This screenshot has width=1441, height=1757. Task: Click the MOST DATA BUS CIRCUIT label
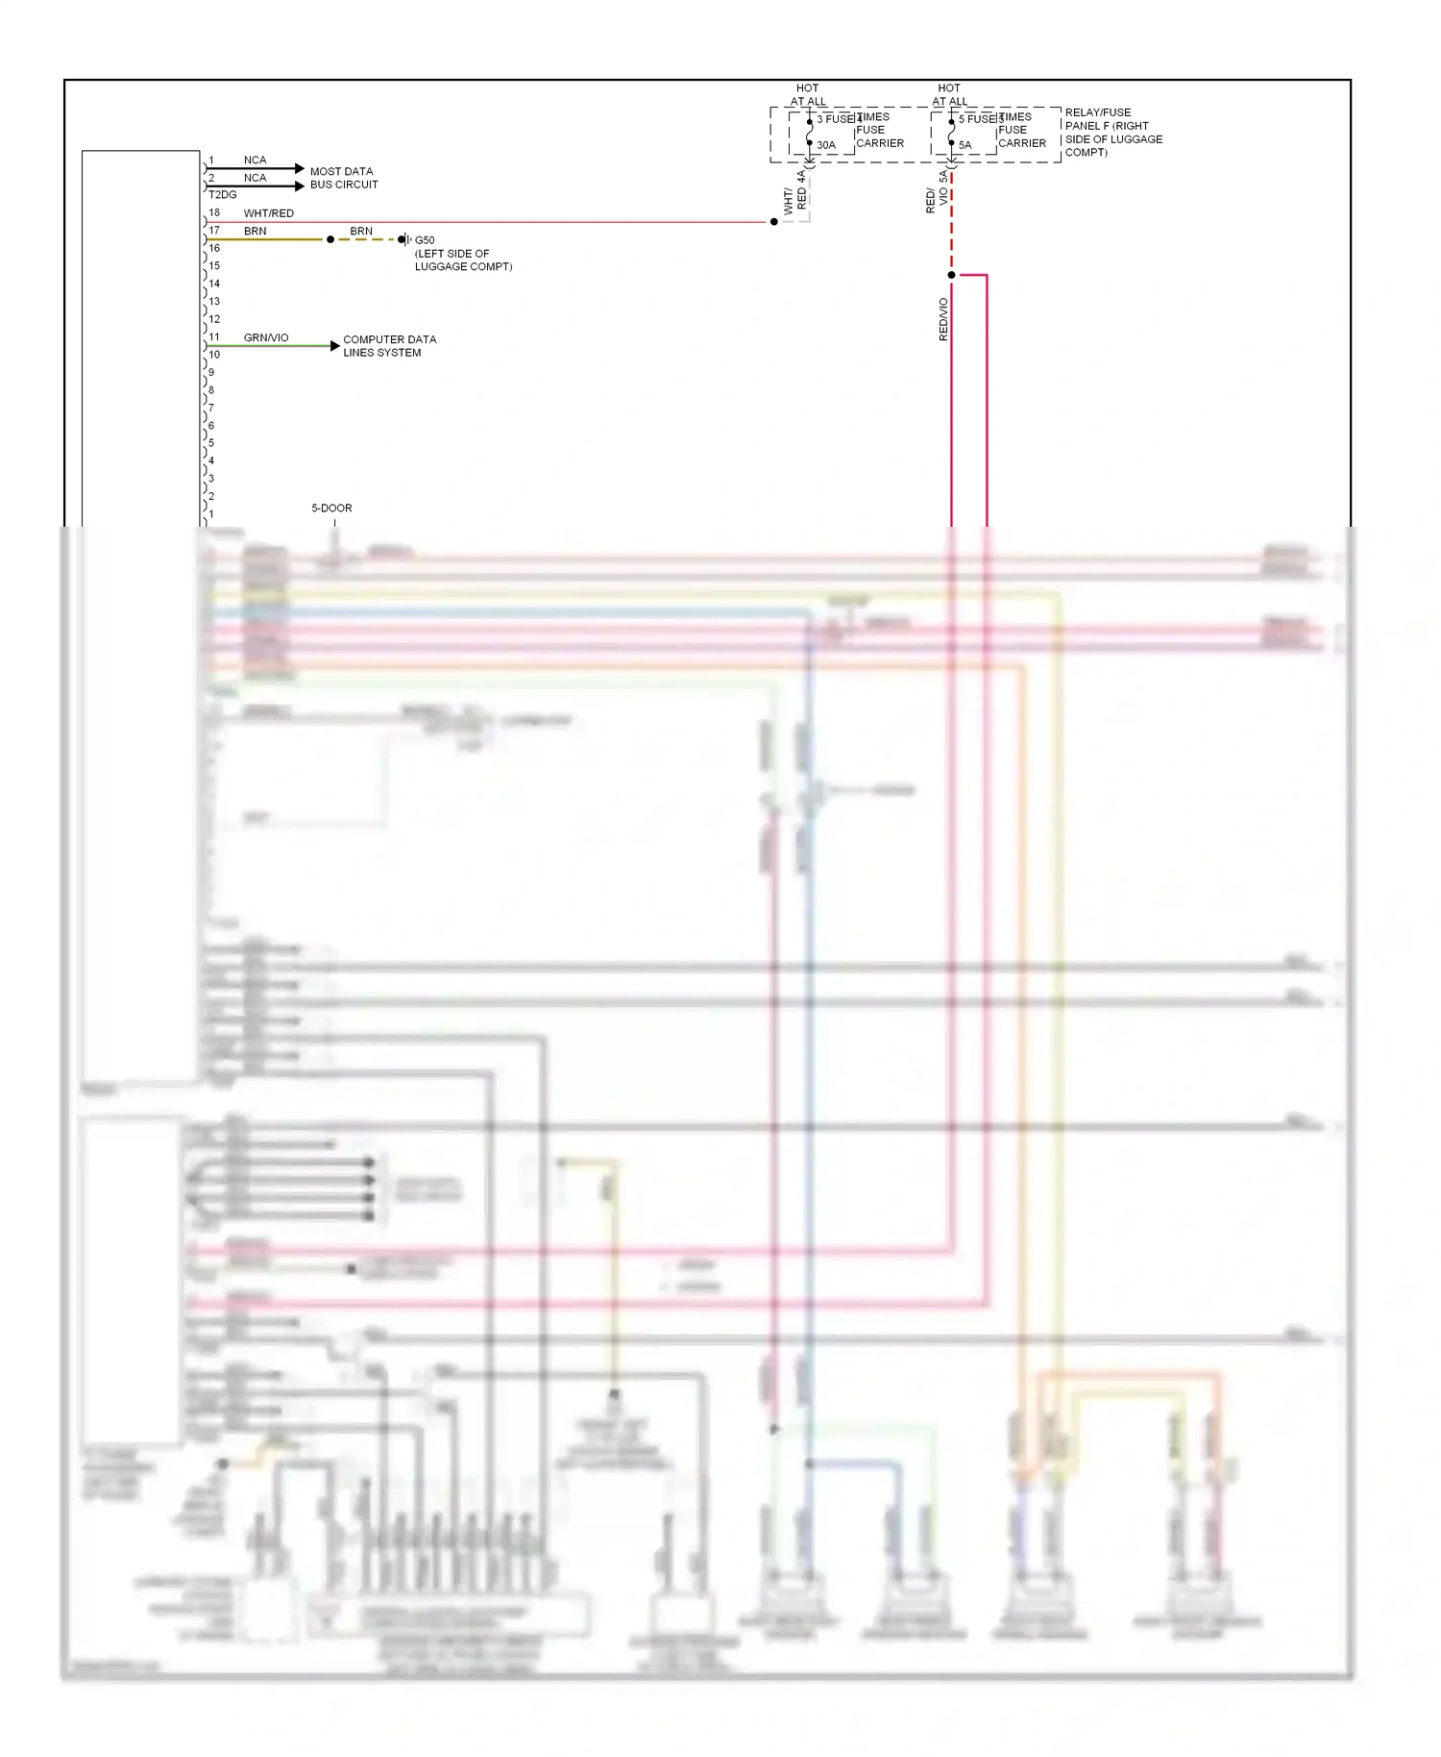(343, 178)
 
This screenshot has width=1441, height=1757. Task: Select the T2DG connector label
(222, 194)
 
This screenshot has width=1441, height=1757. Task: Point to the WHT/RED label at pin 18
(268, 213)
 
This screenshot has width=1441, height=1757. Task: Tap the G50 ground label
(425, 240)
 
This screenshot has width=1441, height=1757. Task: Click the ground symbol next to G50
(406, 239)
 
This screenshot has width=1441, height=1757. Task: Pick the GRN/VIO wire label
(266, 337)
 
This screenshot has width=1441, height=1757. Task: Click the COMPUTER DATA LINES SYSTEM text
(389, 346)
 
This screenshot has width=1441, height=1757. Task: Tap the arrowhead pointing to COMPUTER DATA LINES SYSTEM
(334, 345)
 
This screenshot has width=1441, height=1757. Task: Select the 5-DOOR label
(331, 507)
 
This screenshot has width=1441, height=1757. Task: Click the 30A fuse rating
(826, 145)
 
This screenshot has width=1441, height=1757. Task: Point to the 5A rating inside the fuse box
(965, 145)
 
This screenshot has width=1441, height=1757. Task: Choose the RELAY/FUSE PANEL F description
(1112, 132)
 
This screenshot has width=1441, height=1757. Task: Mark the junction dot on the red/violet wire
(951, 275)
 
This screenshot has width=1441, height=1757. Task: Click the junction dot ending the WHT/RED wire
(774, 222)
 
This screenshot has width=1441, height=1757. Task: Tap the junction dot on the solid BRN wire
(330, 239)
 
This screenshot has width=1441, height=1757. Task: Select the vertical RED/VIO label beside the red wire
(943, 319)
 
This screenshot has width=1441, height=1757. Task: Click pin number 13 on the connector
(214, 301)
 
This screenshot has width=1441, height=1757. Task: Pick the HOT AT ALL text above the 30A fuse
(808, 94)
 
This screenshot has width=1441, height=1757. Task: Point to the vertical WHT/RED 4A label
(795, 192)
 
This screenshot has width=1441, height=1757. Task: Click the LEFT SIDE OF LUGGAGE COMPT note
(463, 260)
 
